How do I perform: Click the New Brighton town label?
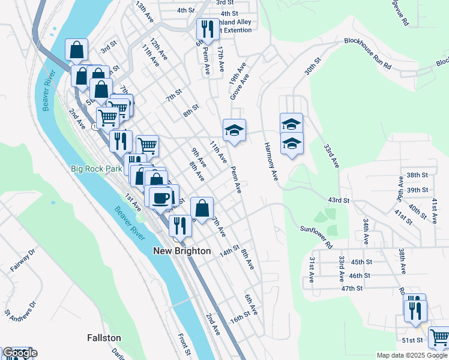point(182,251)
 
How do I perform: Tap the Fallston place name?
point(104,338)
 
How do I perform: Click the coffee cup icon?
point(160,197)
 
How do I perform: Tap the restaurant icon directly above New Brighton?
point(180,226)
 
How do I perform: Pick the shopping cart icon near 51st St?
point(439,338)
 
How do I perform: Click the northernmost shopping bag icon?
point(77,50)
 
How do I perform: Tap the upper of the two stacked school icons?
point(291,124)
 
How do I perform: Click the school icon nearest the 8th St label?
point(234,130)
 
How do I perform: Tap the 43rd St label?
point(338,200)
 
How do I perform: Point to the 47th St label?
point(352,288)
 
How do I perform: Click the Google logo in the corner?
point(19,353)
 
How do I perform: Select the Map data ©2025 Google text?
point(411,355)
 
